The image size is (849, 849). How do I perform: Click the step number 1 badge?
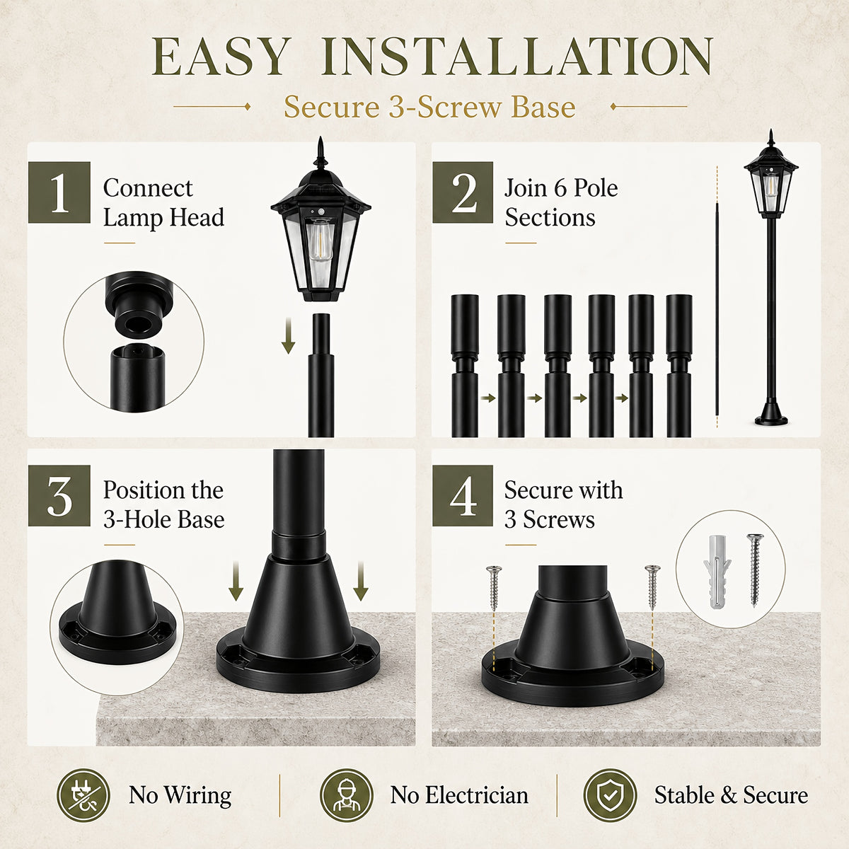point(59,192)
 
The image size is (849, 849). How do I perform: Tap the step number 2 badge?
point(463,192)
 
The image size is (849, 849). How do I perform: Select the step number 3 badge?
point(59,496)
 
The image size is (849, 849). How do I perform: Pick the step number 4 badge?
point(463,496)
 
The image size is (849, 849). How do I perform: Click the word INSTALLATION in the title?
point(516,57)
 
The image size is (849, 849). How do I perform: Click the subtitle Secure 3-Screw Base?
point(429,107)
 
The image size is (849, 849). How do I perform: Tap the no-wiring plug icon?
point(83,795)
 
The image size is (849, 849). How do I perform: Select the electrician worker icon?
point(346,795)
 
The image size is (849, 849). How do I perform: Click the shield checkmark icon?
point(610,795)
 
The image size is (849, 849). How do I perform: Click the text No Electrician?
point(459,796)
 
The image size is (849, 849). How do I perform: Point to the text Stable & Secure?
point(731,796)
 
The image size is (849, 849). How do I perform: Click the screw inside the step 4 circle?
point(755,570)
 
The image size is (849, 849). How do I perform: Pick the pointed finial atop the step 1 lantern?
point(320,152)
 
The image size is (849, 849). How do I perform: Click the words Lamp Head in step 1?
point(164,218)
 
